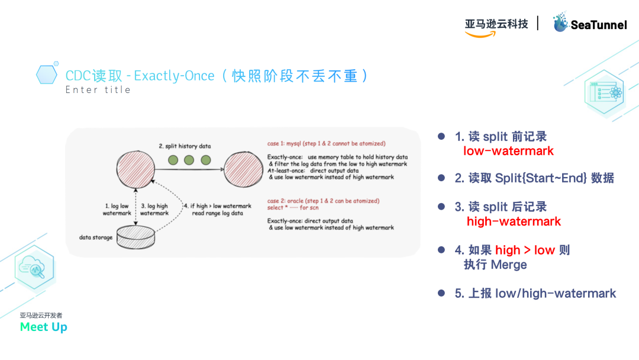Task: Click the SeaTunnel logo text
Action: point(598,25)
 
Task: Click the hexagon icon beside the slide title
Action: point(47,74)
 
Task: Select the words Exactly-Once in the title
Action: point(174,76)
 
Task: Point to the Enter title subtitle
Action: point(98,90)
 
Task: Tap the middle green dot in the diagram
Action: point(189,160)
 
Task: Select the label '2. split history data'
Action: point(184,146)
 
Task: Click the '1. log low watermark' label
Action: point(117,210)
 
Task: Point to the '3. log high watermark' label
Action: point(154,210)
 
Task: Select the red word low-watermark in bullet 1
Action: point(508,151)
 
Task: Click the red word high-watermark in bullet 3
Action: point(514,221)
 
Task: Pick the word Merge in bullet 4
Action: point(509,265)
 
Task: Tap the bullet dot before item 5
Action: point(441,293)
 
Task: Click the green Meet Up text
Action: point(43,327)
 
